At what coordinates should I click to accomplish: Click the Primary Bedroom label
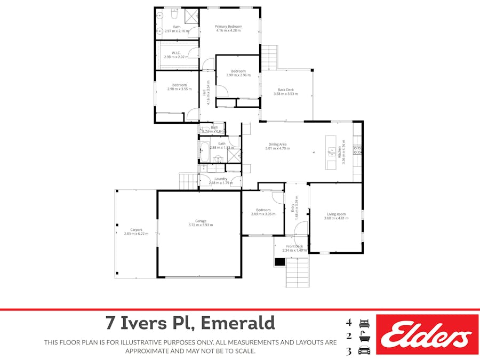tap(228, 26)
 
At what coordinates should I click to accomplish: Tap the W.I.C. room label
tap(176, 52)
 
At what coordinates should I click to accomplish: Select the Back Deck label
tap(285, 90)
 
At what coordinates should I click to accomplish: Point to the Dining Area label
tap(277, 144)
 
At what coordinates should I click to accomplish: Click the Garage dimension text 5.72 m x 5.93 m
tap(200, 225)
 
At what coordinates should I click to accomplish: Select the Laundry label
tap(221, 179)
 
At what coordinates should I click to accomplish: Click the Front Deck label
tap(294, 246)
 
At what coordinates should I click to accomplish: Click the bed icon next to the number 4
tap(365, 323)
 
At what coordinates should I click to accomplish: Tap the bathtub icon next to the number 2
tap(365, 337)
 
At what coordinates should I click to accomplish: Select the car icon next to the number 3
tap(365, 351)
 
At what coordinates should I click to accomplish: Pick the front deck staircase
tap(297, 272)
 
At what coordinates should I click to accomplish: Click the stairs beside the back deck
tap(269, 57)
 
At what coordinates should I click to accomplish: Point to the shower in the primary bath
tap(191, 16)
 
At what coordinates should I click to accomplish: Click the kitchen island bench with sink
tap(331, 152)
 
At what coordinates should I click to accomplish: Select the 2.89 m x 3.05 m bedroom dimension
tap(263, 214)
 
